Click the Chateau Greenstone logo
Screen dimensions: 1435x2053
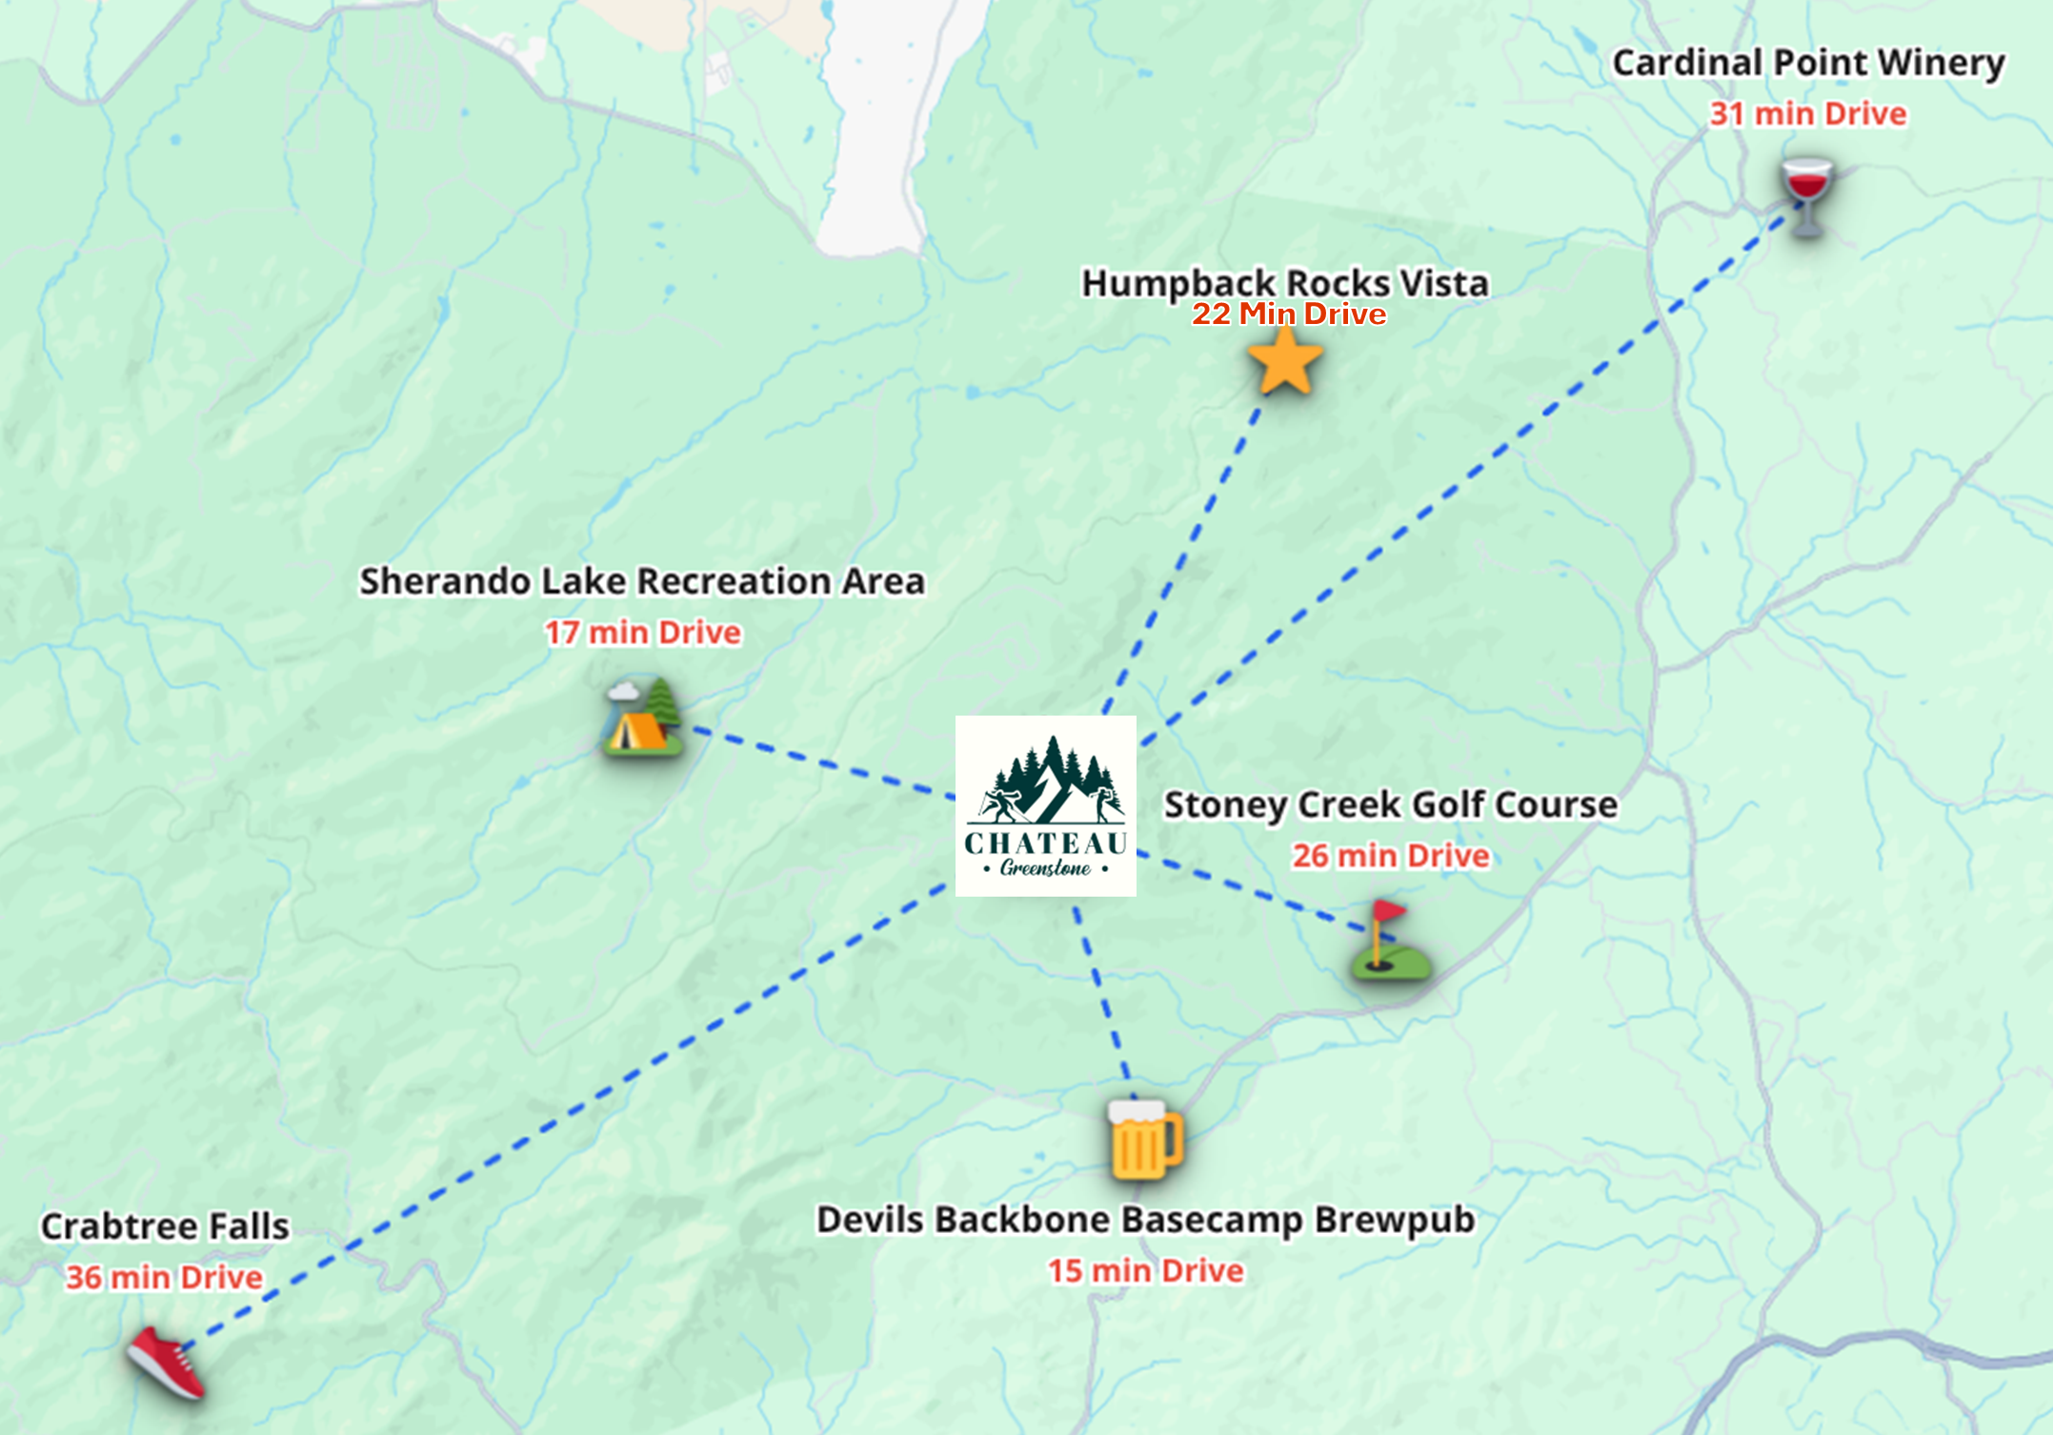point(1045,805)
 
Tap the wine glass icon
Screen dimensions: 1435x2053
point(1806,195)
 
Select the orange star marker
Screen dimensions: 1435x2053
point(1285,361)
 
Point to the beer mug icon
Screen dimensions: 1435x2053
point(1143,1140)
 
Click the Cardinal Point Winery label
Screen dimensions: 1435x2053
point(1808,63)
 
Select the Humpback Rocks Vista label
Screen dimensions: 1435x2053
point(1284,282)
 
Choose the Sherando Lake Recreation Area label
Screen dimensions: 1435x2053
point(641,581)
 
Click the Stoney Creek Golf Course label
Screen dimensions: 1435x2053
point(1390,805)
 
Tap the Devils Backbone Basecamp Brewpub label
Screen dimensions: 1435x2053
point(1145,1220)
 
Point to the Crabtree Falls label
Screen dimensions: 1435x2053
point(165,1226)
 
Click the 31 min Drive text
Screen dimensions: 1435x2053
point(1807,114)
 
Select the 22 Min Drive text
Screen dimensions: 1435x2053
point(1288,313)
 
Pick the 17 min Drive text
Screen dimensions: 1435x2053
point(642,633)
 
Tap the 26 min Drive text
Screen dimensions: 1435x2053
point(1390,856)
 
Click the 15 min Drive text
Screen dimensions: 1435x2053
point(1145,1271)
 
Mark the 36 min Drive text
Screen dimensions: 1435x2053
point(164,1278)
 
